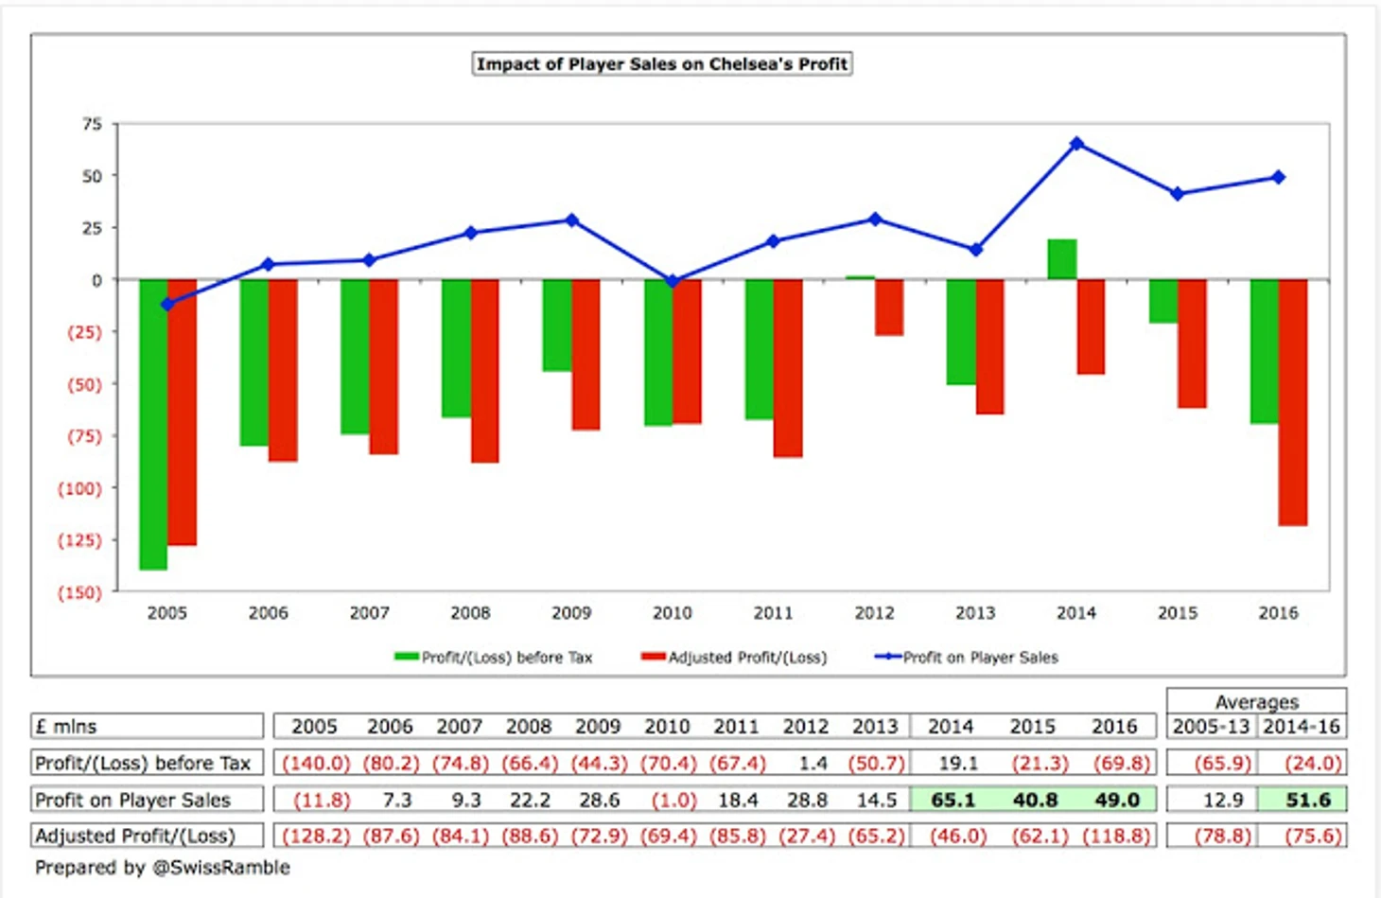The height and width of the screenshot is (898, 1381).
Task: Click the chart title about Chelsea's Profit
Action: [662, 64]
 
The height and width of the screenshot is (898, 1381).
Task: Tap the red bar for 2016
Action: [1293, 402]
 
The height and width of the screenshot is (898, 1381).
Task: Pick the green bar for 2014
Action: [1062, 260]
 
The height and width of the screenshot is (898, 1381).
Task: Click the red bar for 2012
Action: [889, 308]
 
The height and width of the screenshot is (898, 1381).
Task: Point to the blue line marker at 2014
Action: [1076, 144]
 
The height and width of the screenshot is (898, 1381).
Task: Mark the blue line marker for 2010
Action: [673, 281]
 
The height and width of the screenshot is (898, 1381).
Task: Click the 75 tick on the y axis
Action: [92, 124]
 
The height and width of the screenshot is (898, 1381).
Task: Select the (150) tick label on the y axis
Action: [80, 592]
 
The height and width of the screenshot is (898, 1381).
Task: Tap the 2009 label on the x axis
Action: [571, 613]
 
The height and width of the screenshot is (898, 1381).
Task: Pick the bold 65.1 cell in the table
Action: [953, 800]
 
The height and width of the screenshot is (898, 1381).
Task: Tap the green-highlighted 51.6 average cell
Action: [1308, 800]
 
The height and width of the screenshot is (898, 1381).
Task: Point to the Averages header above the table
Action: [1256, 701]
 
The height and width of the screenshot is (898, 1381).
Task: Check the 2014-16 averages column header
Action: [1302, 727]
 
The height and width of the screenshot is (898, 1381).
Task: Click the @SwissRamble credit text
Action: [221, 867]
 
